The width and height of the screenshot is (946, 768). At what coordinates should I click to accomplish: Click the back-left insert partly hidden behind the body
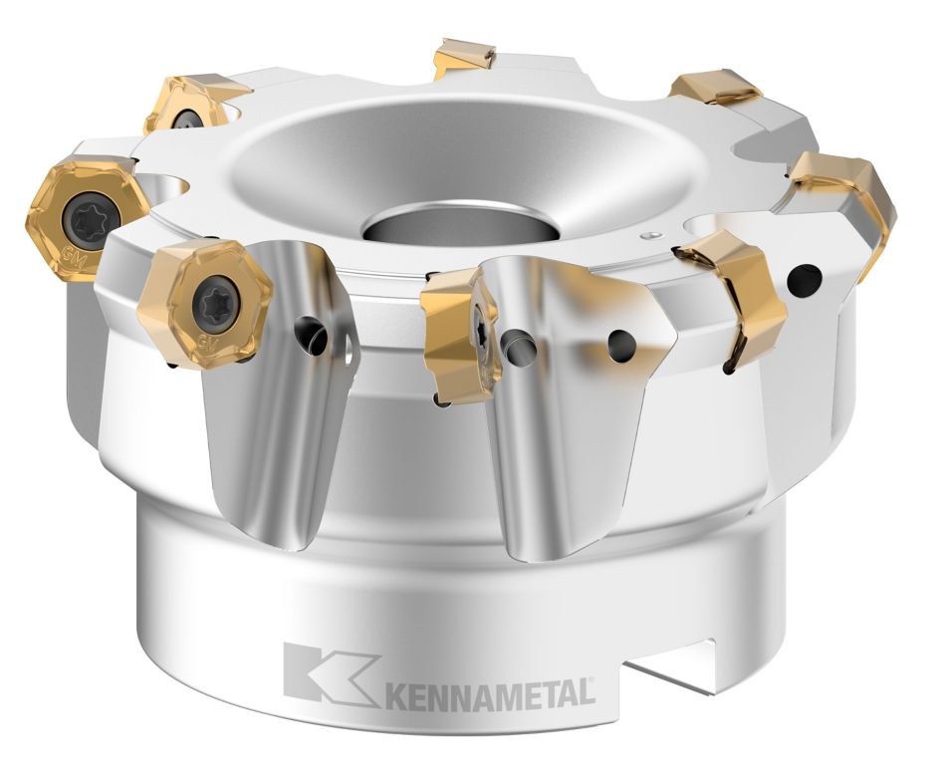190,106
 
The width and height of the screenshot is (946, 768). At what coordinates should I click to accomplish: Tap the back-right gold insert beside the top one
714,89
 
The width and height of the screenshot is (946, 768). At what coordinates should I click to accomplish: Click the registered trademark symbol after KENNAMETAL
593,681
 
